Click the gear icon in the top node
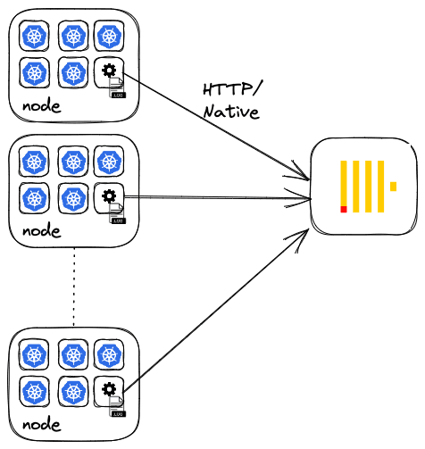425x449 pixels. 109,71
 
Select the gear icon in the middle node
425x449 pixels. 109,195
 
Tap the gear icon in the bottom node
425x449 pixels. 109,389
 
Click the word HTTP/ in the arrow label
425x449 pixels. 232,88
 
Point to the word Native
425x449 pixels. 231,112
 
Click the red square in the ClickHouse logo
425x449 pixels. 344,209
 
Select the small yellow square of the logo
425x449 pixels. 393,187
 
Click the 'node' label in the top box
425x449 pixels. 42,106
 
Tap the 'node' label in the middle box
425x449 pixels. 42,231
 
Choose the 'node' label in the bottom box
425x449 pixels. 42,425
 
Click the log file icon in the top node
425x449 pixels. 117,87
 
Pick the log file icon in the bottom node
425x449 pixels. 117,406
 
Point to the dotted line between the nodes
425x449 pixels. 74,287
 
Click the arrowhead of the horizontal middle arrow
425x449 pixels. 310,198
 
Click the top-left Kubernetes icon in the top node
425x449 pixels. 34,36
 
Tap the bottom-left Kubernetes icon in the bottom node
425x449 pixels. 34,392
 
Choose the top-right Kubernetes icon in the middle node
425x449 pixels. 109,162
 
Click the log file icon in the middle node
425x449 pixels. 117,213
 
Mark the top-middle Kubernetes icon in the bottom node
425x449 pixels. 73,355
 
